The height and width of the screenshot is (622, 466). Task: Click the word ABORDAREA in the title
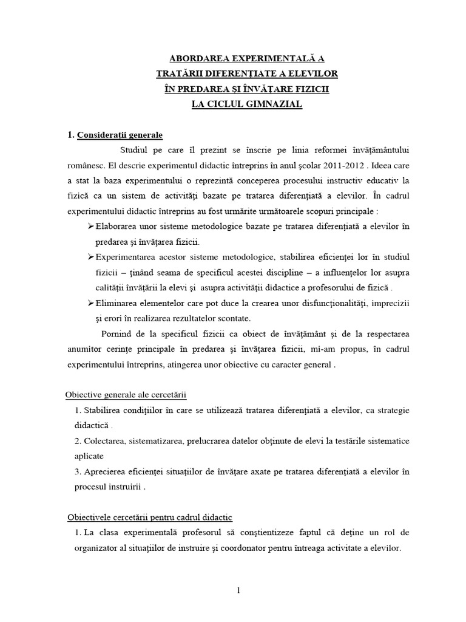(x=192, y=59)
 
